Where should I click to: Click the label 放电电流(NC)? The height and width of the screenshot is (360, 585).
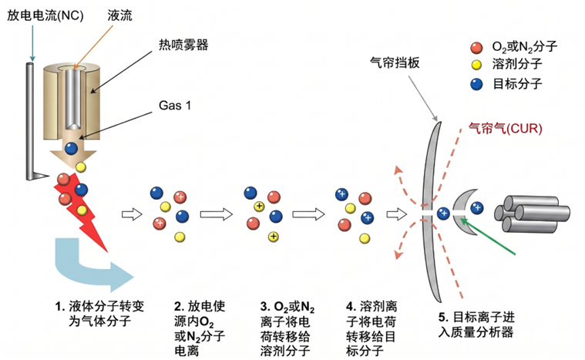[45, 15]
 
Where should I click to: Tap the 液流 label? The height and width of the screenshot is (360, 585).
[119, 15]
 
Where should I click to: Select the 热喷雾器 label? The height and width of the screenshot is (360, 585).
[183, 45]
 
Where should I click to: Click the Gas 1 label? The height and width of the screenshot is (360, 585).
[175, 106]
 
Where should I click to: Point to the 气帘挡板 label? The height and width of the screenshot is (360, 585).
[395, 62]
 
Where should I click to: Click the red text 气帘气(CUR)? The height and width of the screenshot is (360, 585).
[505, 128]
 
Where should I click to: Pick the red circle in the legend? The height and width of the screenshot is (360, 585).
[476, 48]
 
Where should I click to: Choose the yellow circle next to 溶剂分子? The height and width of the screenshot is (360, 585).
[476, 65]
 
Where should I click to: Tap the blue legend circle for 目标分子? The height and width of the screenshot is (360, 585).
[476, 84]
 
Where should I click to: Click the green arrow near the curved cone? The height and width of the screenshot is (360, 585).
[488, 237]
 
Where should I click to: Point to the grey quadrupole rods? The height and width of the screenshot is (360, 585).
[533, 214]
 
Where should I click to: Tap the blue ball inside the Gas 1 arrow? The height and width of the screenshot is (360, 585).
[71, 148]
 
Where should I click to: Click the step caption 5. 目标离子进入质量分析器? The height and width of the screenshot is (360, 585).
[476, 325]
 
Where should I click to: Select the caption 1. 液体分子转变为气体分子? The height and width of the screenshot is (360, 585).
[99, 314]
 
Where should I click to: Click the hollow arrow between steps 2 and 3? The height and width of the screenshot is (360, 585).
[216, 214]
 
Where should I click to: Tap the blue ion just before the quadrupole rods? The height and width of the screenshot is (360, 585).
[477, 208]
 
